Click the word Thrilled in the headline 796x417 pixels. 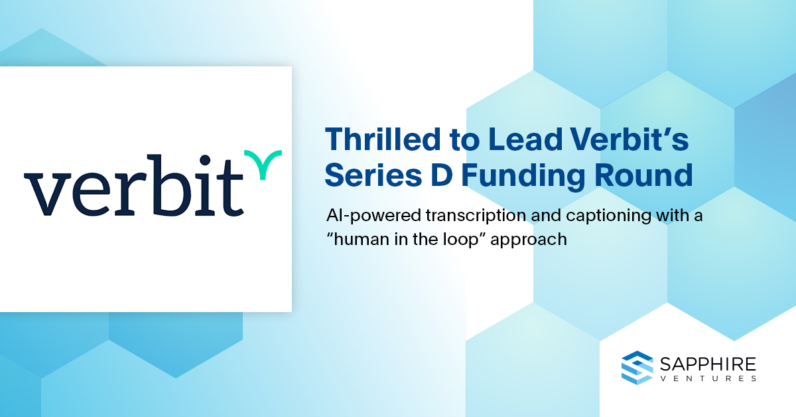coord(383,139)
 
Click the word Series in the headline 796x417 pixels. coord(373,175)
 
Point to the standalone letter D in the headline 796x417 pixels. coord(441,175)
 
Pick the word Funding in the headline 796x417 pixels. coord(523,177)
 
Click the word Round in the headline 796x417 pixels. coord(643,175)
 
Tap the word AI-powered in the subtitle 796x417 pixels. coord(373,216)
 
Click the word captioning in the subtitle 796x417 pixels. coord(608,216)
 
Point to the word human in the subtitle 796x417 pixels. coord(362,239)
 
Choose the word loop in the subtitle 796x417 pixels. coord(460,240)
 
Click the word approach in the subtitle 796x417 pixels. coord(529,240)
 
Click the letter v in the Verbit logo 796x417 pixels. coord(48,194)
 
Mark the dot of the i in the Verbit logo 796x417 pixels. coord(205,160)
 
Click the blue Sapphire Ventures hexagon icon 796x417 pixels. coord(637,368)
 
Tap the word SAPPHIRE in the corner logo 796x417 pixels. coord(708,365)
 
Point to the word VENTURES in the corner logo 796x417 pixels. coord(708,378)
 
